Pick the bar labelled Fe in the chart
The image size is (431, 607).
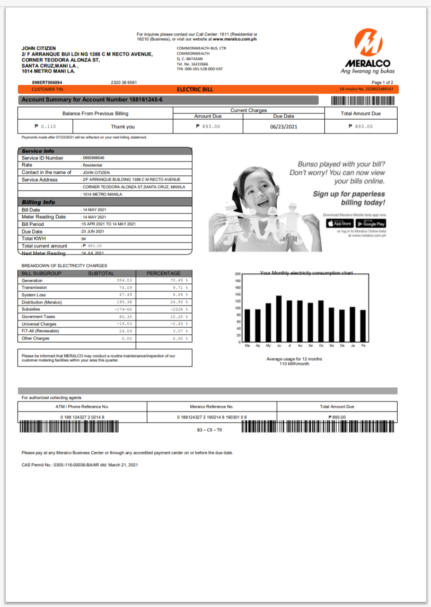coord(363,326)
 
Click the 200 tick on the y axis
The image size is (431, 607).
coord(238,274)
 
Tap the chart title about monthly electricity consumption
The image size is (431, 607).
coord(306,273)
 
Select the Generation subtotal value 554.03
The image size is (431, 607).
coord(124,280)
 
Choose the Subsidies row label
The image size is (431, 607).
coord(31,309)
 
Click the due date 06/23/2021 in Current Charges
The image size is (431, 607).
coord(283,127)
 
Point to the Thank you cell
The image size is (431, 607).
coord(122,127)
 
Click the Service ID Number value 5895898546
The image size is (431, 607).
coord(93,158)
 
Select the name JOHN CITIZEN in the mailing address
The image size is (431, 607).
coord(39,49)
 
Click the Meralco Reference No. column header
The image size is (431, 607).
coord(211,406)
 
